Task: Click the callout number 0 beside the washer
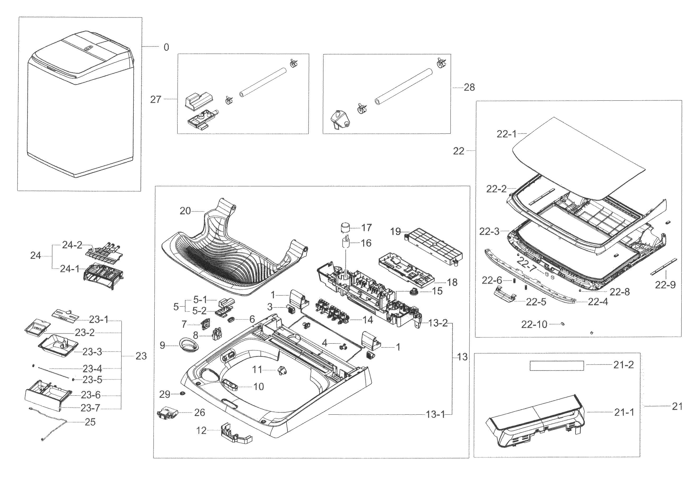point(166,47)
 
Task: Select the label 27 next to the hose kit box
point(155,99)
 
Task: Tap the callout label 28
point(469,87)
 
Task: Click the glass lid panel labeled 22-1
point(579,159)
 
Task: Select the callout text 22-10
point(534,324)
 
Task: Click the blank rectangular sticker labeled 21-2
point(557,365)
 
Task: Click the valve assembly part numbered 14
point(332,312)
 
